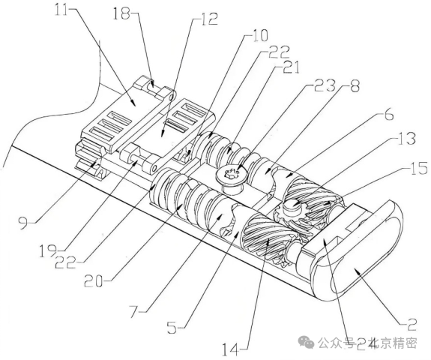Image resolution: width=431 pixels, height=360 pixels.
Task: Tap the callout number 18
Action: (121, 13)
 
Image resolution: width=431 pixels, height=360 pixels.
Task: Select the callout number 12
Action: (209, 19)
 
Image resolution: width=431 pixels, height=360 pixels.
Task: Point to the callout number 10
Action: (259, 36)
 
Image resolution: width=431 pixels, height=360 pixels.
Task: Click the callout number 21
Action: (290, 67)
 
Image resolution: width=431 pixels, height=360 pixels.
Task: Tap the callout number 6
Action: (388, 114)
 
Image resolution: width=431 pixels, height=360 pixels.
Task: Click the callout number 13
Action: (406, 139)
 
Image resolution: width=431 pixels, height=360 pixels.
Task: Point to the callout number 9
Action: (23, 222)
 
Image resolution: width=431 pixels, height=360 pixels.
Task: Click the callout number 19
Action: (48, 250)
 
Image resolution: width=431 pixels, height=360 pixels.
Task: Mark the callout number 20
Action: (94, 281)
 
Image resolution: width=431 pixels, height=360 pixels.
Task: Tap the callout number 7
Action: (136, 312)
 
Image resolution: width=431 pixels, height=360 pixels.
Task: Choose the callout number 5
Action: (172, 328)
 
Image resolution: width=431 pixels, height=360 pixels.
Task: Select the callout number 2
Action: (412, 325)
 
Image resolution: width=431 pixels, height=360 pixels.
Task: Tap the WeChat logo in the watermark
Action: (307, 343)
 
